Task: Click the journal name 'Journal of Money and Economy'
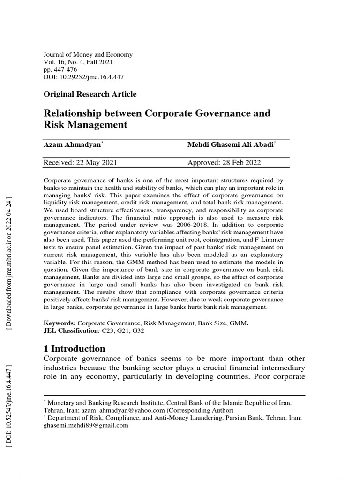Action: tap(88, 54)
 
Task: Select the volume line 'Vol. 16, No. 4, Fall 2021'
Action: tap(78, 62)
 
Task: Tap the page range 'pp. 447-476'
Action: tap(61, 69)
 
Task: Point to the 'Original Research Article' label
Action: tap(90, 94)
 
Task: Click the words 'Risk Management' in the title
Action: tap(85, 125)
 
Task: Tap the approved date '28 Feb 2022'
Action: tap(241, 163)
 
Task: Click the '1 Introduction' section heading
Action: tap(75, 348)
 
